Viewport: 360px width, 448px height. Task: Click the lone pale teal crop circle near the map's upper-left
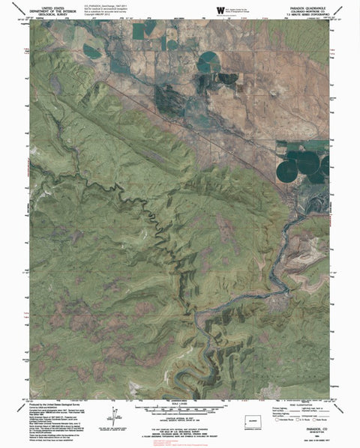pos(93,52)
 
